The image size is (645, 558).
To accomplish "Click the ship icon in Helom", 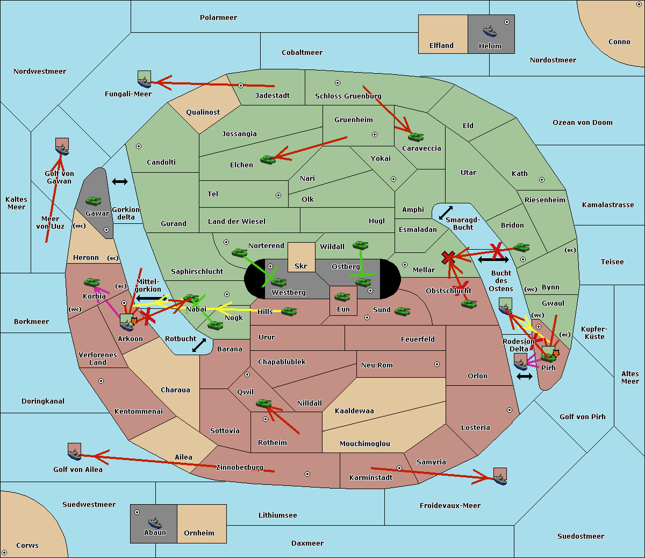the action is (490, 31).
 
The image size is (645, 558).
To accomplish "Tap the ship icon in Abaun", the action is (155, 523).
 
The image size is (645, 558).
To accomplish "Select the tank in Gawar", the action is (94, 201).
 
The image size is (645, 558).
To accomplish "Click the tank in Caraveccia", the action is (416, 137).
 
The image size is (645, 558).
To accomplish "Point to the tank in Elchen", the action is (268, 160).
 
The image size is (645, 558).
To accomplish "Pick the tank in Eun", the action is (342, 297).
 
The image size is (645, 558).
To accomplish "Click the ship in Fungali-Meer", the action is (144, 79).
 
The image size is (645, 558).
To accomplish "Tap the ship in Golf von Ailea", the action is (75, 451).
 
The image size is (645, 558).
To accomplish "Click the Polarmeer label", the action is (218, 18).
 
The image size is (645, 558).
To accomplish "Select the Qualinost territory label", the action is (203, 112).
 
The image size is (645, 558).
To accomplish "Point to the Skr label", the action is (300, 266).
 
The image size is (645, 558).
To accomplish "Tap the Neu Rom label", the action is (377, 365).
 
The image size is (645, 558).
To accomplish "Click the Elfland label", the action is (441, 46).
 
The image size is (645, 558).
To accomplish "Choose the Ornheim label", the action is (199, 533).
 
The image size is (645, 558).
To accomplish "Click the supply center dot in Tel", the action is (278, 195).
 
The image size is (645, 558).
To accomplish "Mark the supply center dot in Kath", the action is (542, 180).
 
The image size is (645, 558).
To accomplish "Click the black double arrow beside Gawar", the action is (120, 181).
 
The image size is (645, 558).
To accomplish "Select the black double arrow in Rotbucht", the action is (199, 345).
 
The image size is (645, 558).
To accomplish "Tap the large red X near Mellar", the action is (448, 257).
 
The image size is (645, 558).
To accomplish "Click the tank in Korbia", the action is (92, 282).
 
